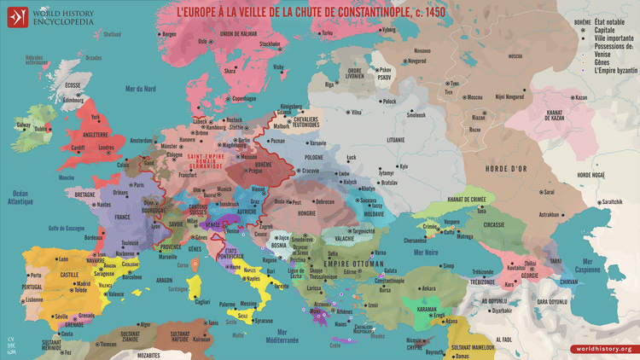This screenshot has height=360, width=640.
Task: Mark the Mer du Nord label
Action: (x=140, y=89)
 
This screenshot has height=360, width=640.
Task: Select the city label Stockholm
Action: (x=270, y=44)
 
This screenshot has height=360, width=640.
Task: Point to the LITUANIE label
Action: (x=395, y=138)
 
